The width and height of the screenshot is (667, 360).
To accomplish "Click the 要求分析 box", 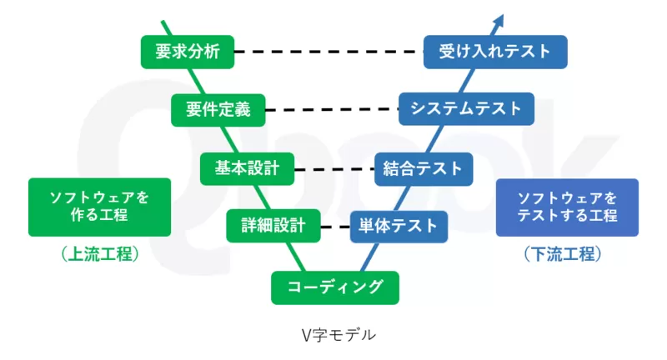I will click(x=187, y=52).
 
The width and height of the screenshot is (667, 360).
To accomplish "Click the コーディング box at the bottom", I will click(x=335, y=287).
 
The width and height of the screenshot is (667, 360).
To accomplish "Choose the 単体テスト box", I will click(x=399, y=225).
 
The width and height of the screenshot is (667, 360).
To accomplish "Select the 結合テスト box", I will click(x=424, y=167).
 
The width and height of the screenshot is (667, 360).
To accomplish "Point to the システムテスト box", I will click(x=466, y=109).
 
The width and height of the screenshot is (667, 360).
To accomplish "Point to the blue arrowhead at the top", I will click(x=499, y=19).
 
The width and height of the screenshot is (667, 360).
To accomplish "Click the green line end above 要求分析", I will click(x=163, y=25).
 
